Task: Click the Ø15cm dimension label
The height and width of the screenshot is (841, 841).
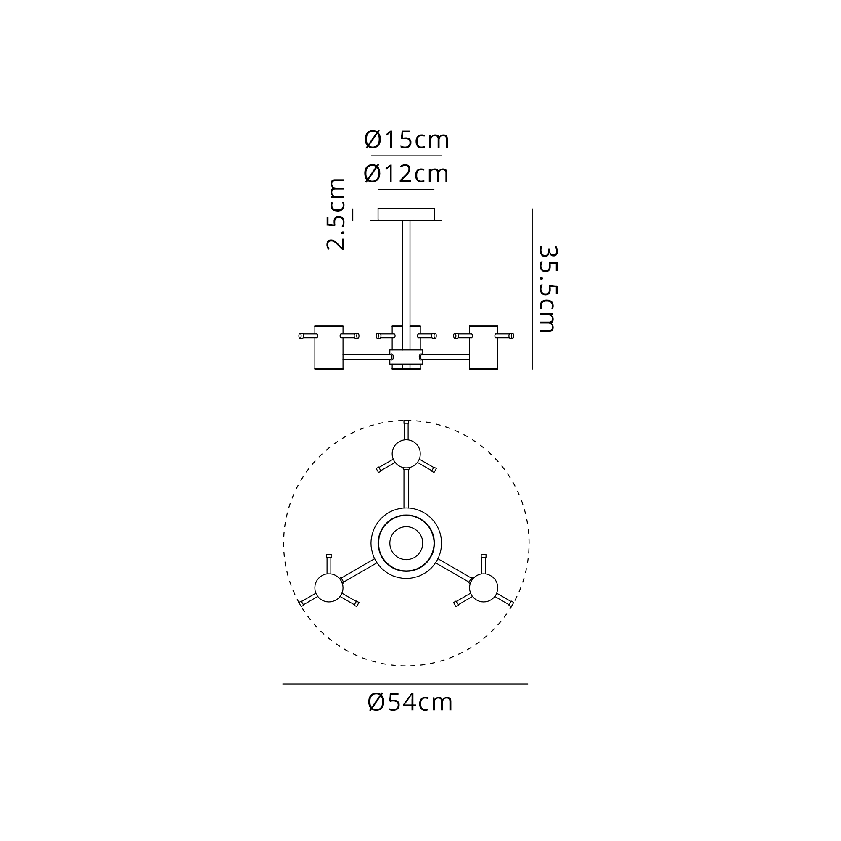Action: point(407,140)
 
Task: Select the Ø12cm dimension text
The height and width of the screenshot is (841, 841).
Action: point(406,174)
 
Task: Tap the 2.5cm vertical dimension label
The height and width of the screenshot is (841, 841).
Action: point(336,214)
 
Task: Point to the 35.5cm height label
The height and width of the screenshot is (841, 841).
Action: point(547,289)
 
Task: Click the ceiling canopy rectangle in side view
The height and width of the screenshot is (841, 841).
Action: point(406,214)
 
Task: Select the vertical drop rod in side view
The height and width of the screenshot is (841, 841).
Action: point(406,285)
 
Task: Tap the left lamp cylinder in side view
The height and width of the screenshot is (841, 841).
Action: point(329,347)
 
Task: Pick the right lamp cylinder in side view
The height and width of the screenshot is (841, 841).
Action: point(484,347)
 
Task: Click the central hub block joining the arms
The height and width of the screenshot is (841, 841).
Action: point(406,357)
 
